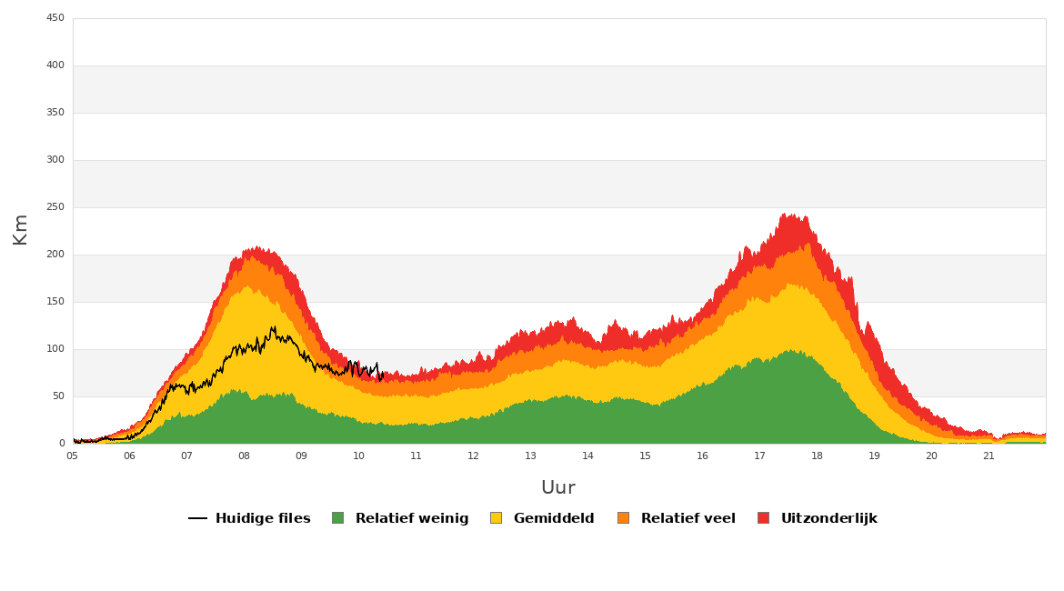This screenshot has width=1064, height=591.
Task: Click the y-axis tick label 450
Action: pyautogui.click(x=55, y=18)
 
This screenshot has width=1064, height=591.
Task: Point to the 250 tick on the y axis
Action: pyautogui.click(x=55, y=207)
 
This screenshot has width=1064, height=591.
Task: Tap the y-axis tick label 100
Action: pyautogui.click(x=55, y=349)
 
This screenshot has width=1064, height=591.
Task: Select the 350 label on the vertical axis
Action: pyautogui.click(x=55, y=113)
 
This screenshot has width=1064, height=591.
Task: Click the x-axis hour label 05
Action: pyautogui.click(x=72, y=456)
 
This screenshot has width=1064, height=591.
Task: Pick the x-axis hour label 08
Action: pyautogui.click(x=244, y=456)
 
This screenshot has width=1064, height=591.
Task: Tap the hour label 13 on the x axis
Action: pyautogui.click(x=530, y=456)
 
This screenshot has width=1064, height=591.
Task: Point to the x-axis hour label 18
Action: pyautogui.click(x=817, y=456)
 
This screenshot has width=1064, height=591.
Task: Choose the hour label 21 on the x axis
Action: pyautogui.click(x=989, y=456)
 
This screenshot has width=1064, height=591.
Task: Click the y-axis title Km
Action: pyautogui.click(x=20, y=230)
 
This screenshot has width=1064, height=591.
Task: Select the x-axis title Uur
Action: pyautogui.click(x=558, y=488)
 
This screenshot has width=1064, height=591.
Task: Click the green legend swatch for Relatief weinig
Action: pyautogui.click(x=338, y=518)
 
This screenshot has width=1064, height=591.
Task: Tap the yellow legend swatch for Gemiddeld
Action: pyautogui.click(x=496, y=518)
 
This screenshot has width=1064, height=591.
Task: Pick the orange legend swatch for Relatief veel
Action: pyautogui.click(x=624, y=518)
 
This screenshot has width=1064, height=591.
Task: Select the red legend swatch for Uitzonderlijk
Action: pyautogui.click(x=763, y=518)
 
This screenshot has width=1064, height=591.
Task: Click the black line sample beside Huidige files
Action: pyautogui.click(x=197, y=518)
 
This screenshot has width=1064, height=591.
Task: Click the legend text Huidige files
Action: pyautogui.click(x=263, y=518)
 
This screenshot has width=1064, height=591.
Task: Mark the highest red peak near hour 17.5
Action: pyautogui.click(x=784, y=214)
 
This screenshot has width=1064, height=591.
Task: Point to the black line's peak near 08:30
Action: pyautogui.click(x=274, y=327)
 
